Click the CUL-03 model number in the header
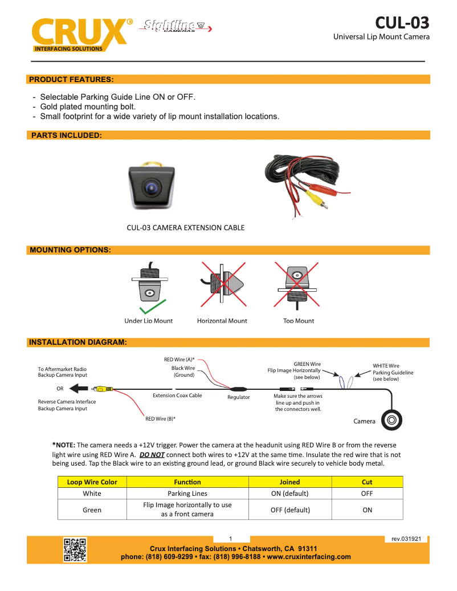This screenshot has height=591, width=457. coord(402,22)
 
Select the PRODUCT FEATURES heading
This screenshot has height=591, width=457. coord(71,79)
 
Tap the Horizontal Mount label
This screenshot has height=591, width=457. coord(222,321)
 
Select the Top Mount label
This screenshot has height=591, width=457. coord(299,321)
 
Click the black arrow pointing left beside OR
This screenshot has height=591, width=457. coord(79,389)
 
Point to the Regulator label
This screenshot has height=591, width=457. coord(239,397)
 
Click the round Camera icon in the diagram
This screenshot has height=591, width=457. coord(393,420)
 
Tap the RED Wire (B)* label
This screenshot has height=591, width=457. coord(160,419)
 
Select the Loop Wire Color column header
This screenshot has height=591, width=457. coord(92,482)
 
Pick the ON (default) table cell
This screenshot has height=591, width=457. coord(289,494)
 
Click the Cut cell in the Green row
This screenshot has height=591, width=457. coord(367,510)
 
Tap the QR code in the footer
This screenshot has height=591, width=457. coord(75,549)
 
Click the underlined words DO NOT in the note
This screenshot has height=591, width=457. coord(152,455)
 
